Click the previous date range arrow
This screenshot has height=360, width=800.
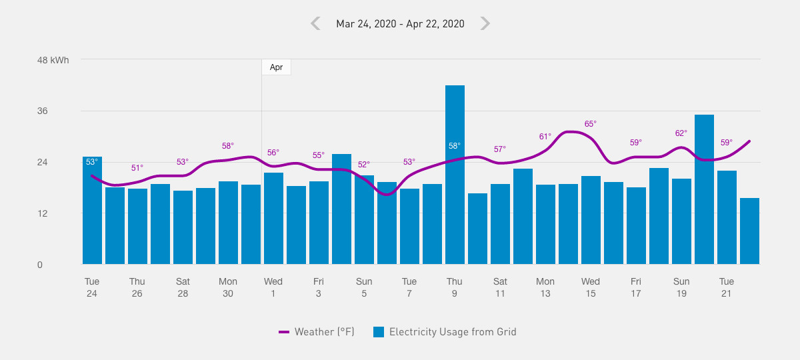315,23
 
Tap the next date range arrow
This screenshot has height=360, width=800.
485,23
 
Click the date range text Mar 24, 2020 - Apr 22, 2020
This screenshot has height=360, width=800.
400,24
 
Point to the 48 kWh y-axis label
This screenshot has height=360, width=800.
53,60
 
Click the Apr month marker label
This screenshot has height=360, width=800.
276,67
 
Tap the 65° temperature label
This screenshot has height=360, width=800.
591,124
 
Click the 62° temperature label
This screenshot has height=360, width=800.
681,133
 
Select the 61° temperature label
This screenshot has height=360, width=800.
545,137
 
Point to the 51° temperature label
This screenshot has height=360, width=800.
137,168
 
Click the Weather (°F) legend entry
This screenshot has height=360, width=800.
317,331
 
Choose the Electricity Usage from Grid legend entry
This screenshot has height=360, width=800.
445,331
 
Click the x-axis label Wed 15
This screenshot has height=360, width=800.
591,287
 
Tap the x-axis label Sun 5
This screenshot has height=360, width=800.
364,287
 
